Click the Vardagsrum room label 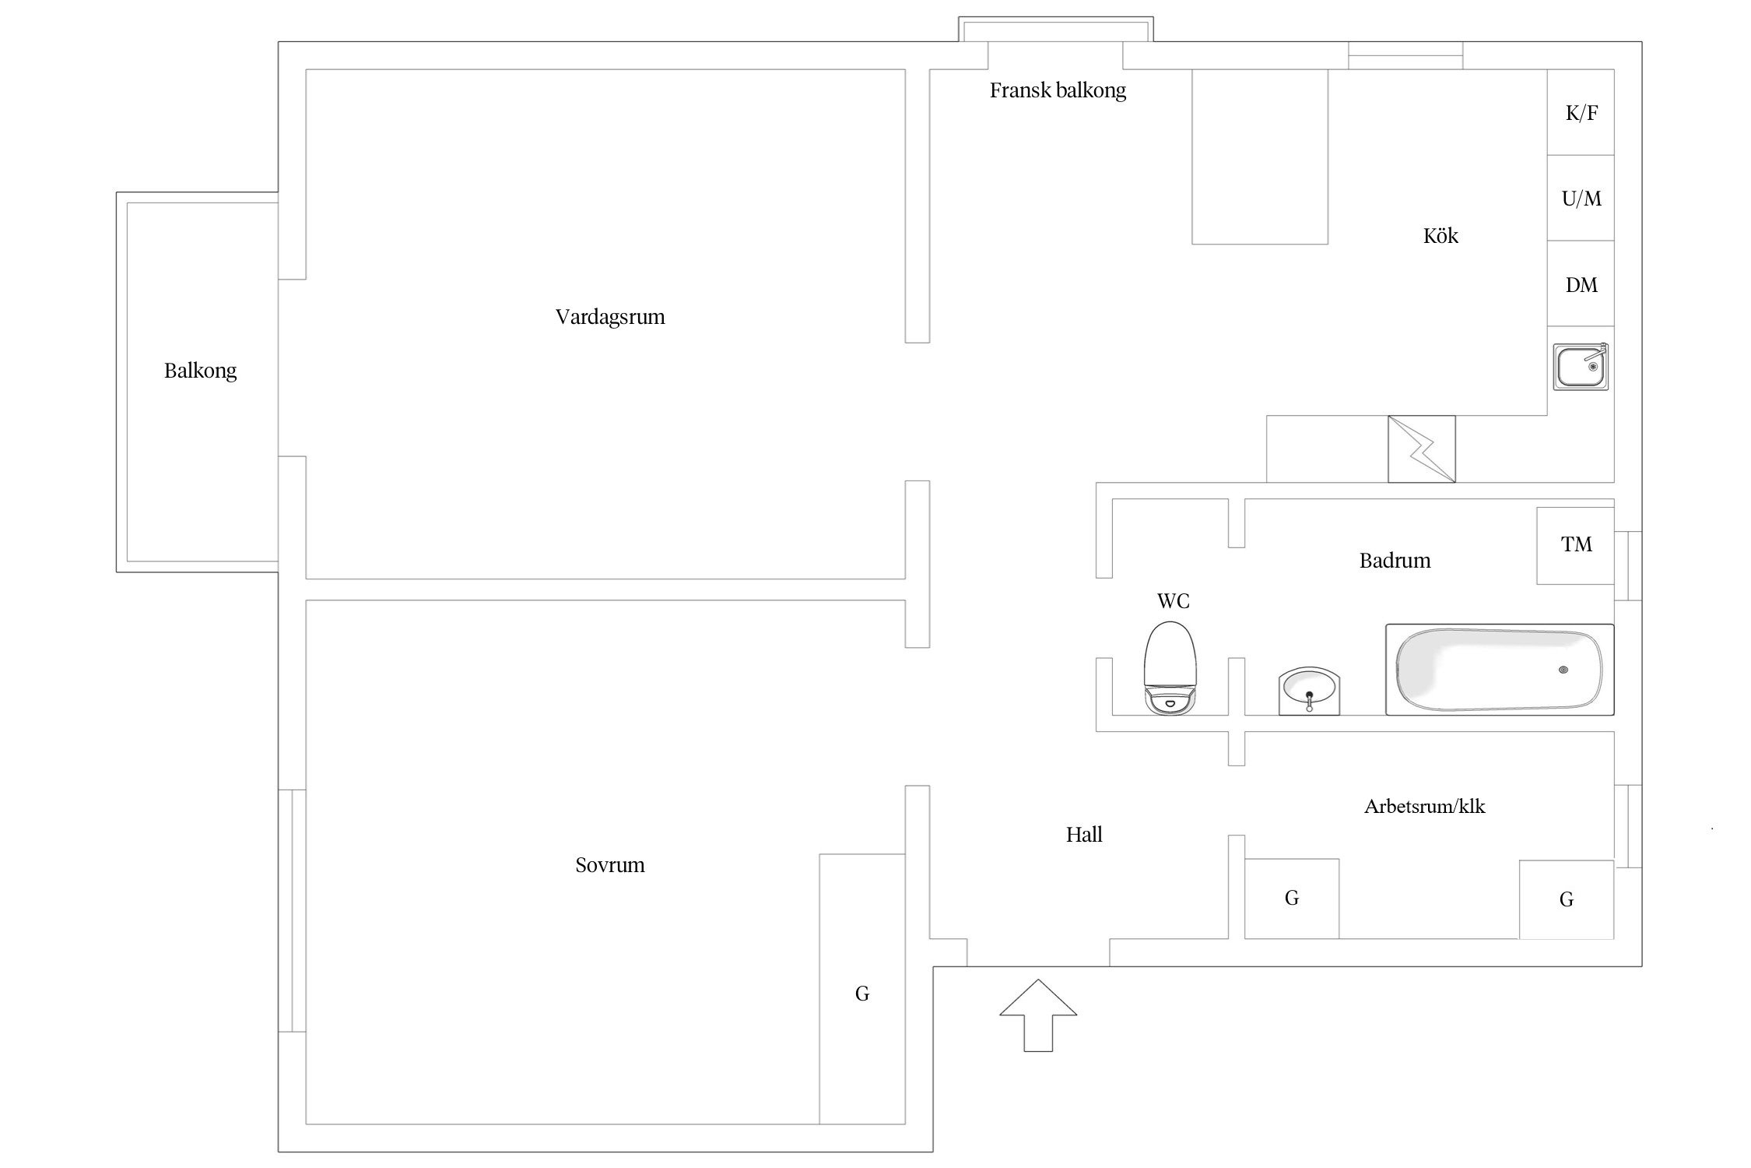click(x=610, y=318)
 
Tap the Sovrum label click(x=610, y=865)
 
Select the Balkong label click(x=200, y=371)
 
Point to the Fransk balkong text click(x=1058, y=91)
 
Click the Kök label click(x=1440, y=236)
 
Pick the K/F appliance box click(x=1581, y=113)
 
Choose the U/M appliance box click(x=1581, y=199)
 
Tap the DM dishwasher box click(x=1581, y=284)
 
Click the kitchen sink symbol click(x=1581, y=367)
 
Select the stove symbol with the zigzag click(x=1421, y=449)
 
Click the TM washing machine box click(x=1575, y=545)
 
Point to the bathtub click(x=1499, y=670)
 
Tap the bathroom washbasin click(x=1309, y=690)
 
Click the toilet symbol click(x=1170, y=668)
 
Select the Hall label click(x=1084, y=836)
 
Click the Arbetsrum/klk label click(x=1424, y=807)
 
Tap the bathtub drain click(x=1563, y=670)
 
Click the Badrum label click(x=1395, y=561)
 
